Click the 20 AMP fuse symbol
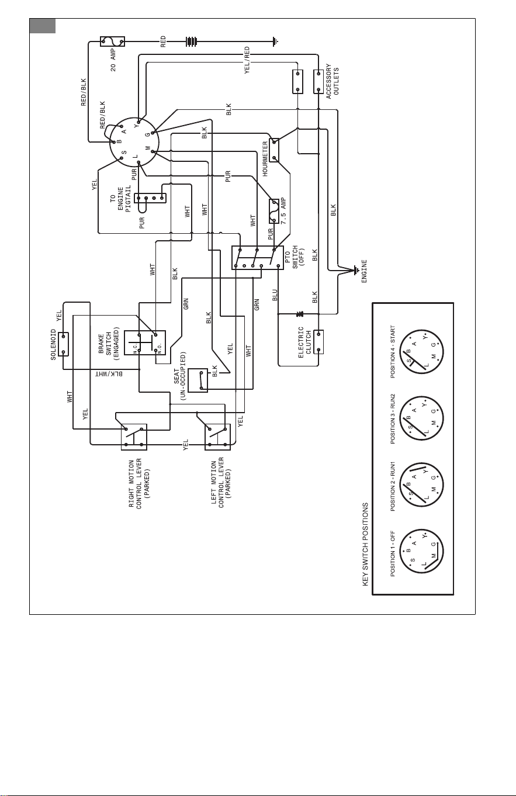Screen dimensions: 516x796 (112, 41)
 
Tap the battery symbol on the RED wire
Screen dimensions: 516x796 (191, 41)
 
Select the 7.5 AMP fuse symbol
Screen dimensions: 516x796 (274, 212)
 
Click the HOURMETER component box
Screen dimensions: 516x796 (274, 150)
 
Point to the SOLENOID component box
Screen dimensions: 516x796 (64, 344)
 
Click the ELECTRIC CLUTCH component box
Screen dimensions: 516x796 (318, 342)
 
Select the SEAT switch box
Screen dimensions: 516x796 (198, 380)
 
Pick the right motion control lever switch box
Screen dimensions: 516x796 (134, 437)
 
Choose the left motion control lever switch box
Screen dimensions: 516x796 (217, 437)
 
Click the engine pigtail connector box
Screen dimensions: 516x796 (150, 198)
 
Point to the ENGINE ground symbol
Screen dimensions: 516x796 (355, 271)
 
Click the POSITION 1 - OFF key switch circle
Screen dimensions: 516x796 (421, 552)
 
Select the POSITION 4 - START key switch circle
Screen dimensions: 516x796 (421, 352)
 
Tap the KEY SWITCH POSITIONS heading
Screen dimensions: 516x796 (365, 544)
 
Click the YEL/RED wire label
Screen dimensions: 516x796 (247, 60)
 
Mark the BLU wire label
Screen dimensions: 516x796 (275, 295)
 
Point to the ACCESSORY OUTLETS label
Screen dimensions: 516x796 (333, 81)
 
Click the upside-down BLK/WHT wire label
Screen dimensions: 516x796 (109, 374)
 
